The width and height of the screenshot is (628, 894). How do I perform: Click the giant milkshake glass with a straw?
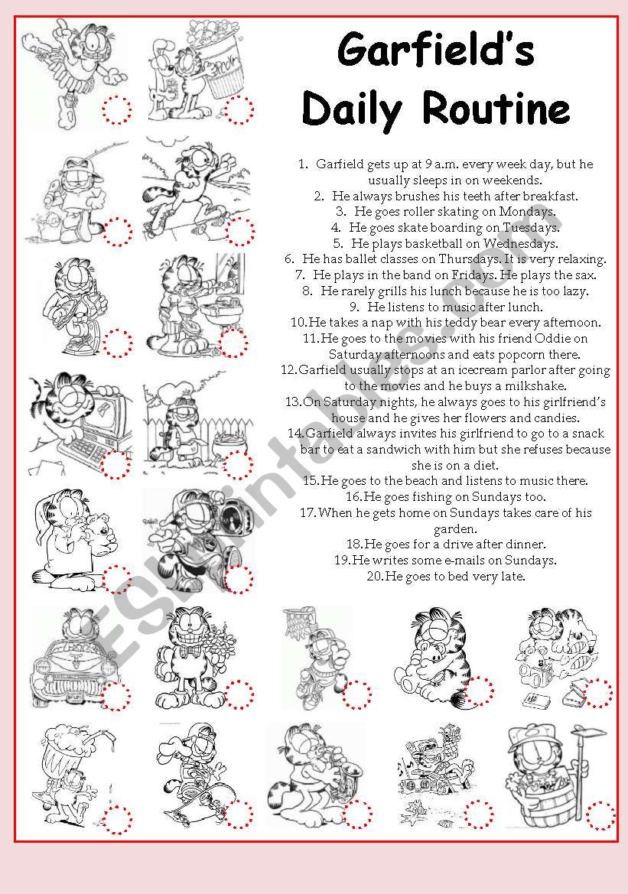[65, 761]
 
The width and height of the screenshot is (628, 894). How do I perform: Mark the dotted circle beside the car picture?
[117, 696]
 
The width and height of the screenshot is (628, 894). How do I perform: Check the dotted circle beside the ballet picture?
[117, 110]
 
